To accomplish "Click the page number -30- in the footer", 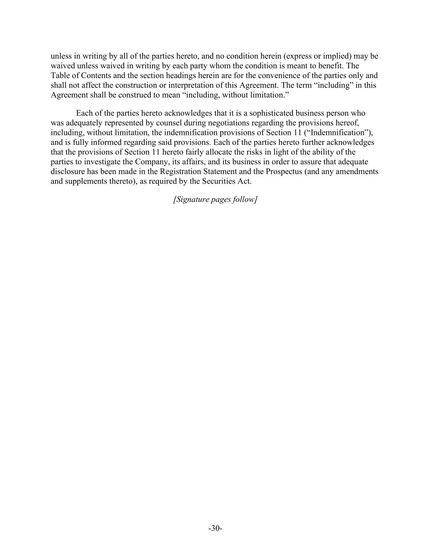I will [x=215, y=528].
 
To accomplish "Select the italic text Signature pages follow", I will [x=215, y=199].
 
